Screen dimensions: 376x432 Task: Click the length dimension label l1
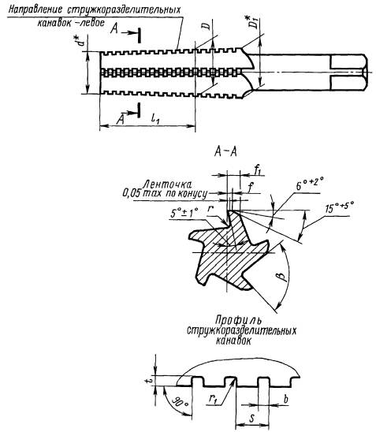pyautogui.click(x=155, y=119)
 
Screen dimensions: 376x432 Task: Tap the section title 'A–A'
pyautogui.click(x=225, y=152)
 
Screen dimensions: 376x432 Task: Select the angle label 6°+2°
pyautogui.click(x=310, y=183)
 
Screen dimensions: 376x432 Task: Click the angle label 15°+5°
pyautogui.click(x=339, y=208)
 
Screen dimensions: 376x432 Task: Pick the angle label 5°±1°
pyautogui.click(x=184, y=214)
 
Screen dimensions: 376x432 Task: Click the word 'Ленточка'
pyautogui.click(x=168, y=184)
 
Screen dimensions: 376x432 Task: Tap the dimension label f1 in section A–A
pyautogui.click(x=259, y=171)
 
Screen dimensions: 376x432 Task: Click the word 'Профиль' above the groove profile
pyautogui.click(x=238, y=320)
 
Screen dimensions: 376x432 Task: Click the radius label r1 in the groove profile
pyautogui.click(x=211, y=401)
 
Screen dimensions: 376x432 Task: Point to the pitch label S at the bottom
pyautogui.click(x=251, y=419)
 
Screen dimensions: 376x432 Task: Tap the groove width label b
pyautogui.click(x=285, y=399)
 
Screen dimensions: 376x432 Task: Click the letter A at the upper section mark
pyautogui.click(x=114, y=28)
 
